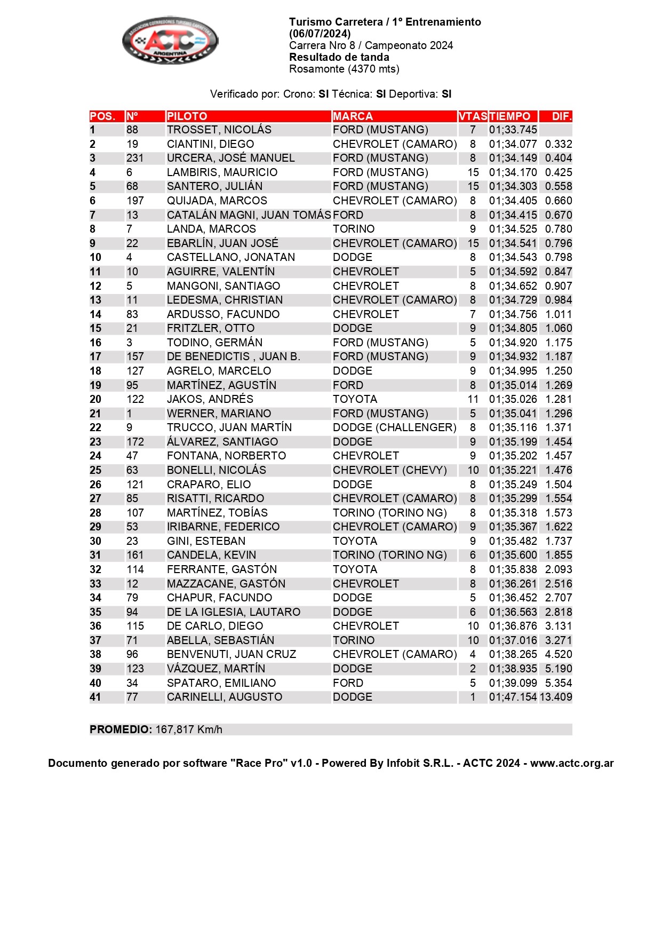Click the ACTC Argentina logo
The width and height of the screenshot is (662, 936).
[x=170, y=40]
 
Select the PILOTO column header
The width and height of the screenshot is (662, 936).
[x=187, y=116]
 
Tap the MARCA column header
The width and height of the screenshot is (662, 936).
[x=353, y=116]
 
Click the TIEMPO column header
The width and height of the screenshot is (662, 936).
[x=509, y=116]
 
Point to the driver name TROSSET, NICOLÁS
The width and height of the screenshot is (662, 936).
[x=219, y=130]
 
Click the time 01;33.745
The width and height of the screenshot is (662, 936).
[x=513, y=130]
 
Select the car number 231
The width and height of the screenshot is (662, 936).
[x=135, y=158]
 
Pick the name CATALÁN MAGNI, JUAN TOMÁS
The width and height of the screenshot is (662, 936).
[x=249, y=215]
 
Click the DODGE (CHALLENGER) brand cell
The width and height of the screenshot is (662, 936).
[x=394, y=427]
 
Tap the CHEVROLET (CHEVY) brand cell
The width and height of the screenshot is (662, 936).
[x=389, y=470]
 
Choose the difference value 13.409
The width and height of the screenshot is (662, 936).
[x=556, y=697]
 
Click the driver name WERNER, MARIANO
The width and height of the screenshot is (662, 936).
[x=219, y=414]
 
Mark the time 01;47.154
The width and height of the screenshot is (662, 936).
[x=513, y=697]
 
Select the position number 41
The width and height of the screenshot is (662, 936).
[x=95, y=697]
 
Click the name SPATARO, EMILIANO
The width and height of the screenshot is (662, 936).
[x=221, y=683]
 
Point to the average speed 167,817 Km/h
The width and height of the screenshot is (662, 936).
[x=189, y=729]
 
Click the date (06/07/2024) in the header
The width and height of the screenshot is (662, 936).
[x=320, y=34]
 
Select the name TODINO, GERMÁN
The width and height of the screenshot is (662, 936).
[x=214, y=343]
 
